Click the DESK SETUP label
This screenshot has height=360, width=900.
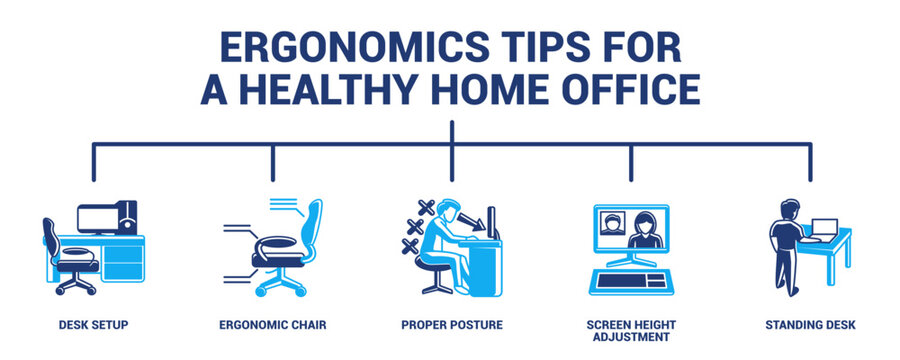[92, 325]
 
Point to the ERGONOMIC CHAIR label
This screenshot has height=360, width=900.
[272, 325]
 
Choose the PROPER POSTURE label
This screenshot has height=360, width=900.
[452, 325]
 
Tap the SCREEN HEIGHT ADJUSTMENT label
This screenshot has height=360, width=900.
[631, 331]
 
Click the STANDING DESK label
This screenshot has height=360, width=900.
[810, 325]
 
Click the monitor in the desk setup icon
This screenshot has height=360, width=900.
[99, 218]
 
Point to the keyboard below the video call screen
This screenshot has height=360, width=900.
[630, 279]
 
